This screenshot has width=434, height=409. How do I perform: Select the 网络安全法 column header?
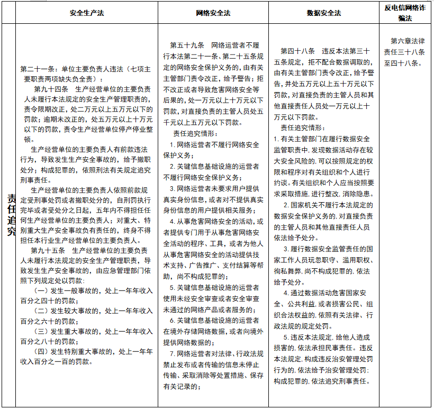click(213, 13)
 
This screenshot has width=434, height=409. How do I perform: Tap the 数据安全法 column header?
click(324, 13)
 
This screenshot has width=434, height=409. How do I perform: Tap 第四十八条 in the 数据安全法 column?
click(298, 52)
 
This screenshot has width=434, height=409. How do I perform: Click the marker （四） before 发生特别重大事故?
click(42, 351)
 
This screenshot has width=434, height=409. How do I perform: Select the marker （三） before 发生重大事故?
click(42, 331)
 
